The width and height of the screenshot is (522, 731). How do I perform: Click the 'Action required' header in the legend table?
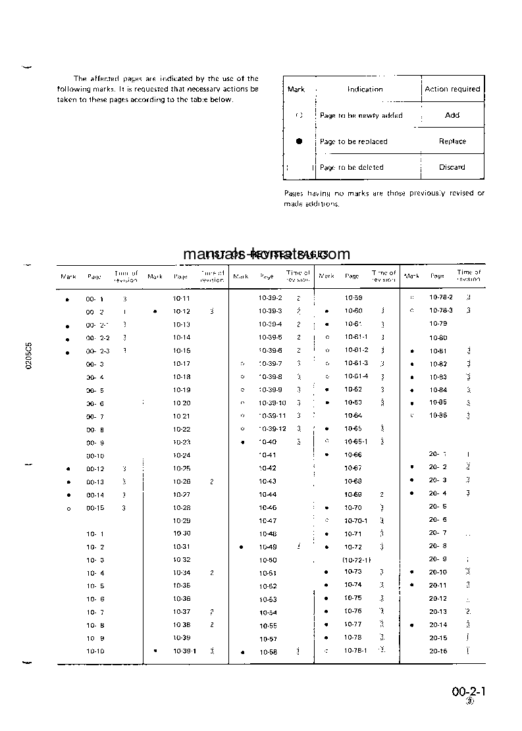pyautogui.click(x=452, y=89)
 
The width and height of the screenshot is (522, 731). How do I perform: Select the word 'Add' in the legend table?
pyautogui.click(x=452, y=115)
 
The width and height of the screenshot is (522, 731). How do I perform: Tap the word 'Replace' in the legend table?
pyautogui.click(x=452, y=141)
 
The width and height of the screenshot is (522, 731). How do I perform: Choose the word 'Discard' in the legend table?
pyautogui.click(x=452, y=167)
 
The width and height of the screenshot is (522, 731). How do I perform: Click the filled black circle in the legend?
pyautogui.click(x=300, y=141)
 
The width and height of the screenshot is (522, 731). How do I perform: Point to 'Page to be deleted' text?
pyautogui.click(x=352, y=168)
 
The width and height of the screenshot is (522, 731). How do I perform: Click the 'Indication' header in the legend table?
pyautogui.click(x=365, y=89)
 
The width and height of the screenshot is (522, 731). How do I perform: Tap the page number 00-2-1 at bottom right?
pyautogui.click(x=469, y=692)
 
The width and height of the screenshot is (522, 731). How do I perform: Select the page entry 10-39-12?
pyautogui.click(x=273, y=429)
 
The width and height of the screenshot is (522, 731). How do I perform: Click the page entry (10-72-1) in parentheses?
pyautogui.click(x=357, y=559)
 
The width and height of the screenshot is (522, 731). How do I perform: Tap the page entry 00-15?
pyautogui.click(x=95, y=508)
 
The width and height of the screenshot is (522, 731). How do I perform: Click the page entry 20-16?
pyautogui.click(x=438, y=651)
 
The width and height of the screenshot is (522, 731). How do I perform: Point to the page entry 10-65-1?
pyautogui.click(x=356, y=441)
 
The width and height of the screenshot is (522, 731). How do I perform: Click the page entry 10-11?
pyautogui.click(x=182, y=298)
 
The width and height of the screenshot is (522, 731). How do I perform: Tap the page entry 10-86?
pyautogui.click(x=438, y=415)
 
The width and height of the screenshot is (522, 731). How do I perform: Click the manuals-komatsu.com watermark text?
pyautogui.click(x=266, y=255)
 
